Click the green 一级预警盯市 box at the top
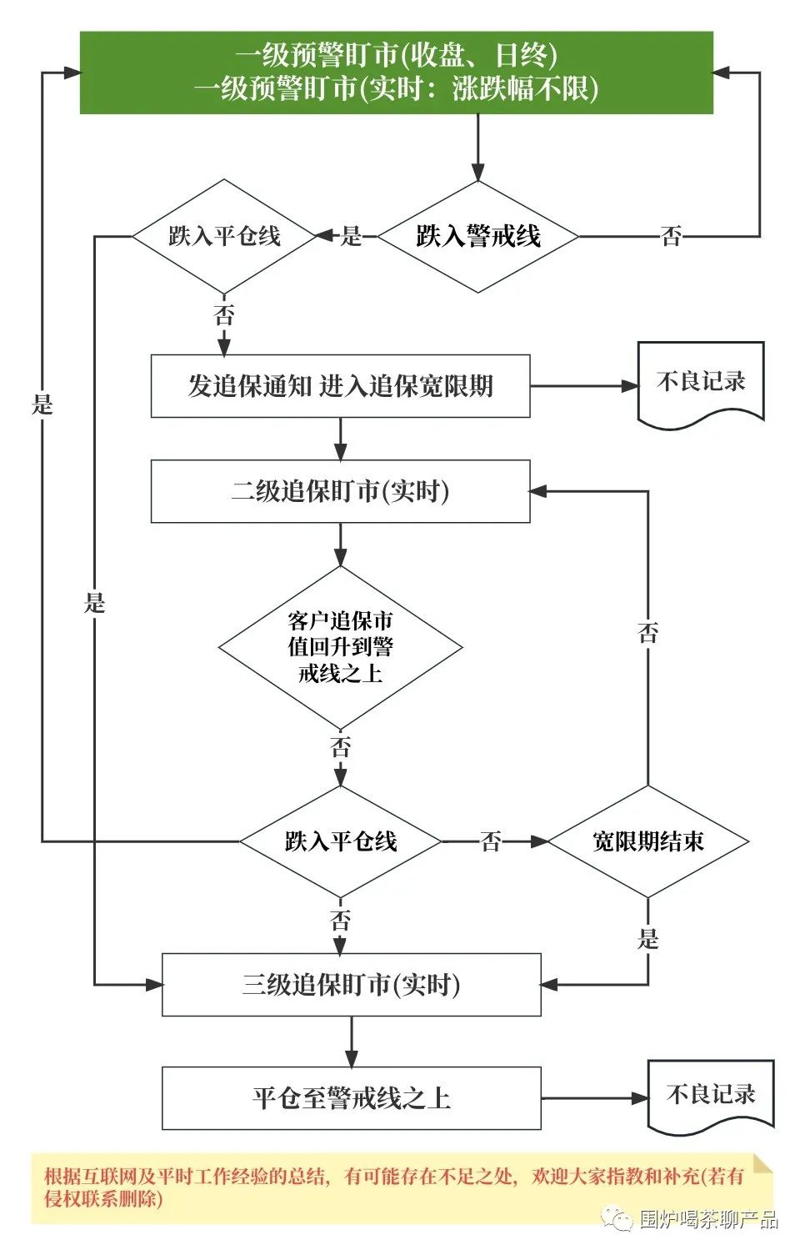click(397, 73)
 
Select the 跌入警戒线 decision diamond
click(477, 237)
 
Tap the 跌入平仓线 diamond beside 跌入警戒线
click(224, 237)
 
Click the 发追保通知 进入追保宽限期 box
click(340, 386)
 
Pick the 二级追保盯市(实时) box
click(340, 492)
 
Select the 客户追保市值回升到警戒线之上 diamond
click(340, 647)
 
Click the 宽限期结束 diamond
click(647, 841)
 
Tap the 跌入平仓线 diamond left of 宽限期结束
click(340, 841)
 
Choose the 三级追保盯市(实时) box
click(351, 985)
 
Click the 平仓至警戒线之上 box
click(351, 1098)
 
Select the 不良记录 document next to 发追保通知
click(701, 384)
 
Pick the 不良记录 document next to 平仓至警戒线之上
click(711, 1096)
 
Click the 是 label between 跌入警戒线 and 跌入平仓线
click(352, 237)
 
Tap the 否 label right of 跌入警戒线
click(672, 237)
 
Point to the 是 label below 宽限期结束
click(648, 939)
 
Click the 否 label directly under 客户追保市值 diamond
click(340, 747)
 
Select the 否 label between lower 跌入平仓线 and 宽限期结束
click(492, 842)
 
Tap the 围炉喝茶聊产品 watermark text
click(708, 1220)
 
